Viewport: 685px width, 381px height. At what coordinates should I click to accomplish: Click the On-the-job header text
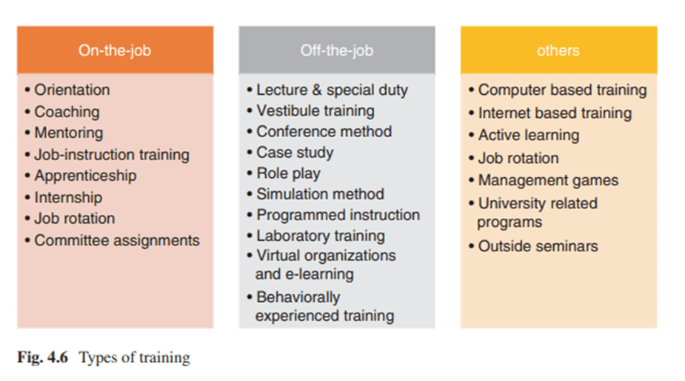click(115, 50)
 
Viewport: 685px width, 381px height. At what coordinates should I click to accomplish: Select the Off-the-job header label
click(337, 50)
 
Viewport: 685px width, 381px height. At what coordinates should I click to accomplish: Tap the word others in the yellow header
click(558, 50)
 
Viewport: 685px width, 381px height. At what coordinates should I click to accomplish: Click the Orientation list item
click(73, 90)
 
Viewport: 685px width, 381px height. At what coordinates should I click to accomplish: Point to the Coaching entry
click(67, 112)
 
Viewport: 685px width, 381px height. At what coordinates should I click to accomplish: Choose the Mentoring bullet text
click(69, 133)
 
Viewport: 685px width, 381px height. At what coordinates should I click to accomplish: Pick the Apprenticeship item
click(86, 176)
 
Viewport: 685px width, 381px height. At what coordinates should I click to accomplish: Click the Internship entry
click(69, 198)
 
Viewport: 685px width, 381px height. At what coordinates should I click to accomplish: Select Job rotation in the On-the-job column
click(75, 218)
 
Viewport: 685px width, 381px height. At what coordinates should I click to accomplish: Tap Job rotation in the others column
click(518, 158)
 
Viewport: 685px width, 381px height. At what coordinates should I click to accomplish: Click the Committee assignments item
click(117, 241)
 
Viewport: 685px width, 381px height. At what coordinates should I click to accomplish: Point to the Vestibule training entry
click(315, 111)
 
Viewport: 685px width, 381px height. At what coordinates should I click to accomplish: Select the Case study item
click(295, 153)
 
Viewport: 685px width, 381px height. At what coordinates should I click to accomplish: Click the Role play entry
click(289, 173)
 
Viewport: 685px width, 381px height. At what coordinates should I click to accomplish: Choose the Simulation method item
click(321, 193)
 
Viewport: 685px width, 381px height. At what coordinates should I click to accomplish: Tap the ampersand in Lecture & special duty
click(317, 90)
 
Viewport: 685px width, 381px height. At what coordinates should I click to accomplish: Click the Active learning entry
click(529, 136)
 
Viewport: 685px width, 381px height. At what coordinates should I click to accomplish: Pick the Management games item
click(549, 181)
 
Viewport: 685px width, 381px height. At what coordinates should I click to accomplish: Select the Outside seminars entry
click(538, 246)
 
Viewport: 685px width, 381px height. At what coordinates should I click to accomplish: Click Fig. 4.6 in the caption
click(43, 357)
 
